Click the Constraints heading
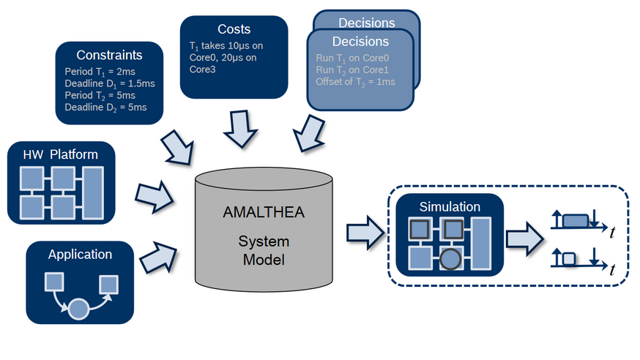tap(109, 55)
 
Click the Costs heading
tap(234, 29)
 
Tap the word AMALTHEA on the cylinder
tap(264, 212)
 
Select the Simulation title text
tap(450, 206)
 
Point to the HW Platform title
tap(60, 154)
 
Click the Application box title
tap(80, 255)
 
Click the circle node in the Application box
tap(78, 309)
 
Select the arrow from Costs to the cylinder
tap(240, 129)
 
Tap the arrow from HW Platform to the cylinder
tap(155, 197)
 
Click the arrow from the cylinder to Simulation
tap(365, 233)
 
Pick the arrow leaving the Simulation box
tap(525, 239)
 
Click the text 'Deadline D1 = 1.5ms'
tap(110, 83)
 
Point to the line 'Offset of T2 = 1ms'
tap(355, 82)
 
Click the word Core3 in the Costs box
tap(202, 70)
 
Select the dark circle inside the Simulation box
tap(450, 258)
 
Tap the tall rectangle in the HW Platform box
tap(93, 193)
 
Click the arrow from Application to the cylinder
tap(158, 258)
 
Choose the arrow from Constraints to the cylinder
tap(177, 148)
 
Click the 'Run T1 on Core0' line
tap(352, 59)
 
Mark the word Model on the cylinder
tap(264, 260)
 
